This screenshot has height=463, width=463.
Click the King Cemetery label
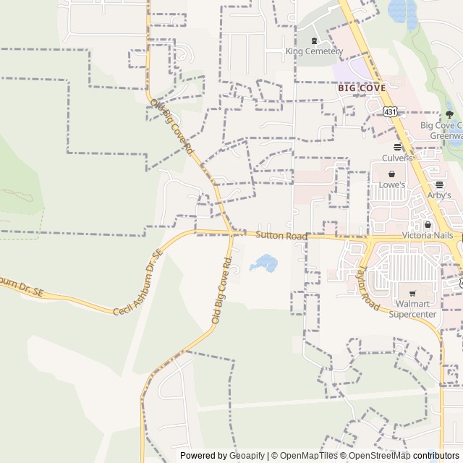[x=313, y=51]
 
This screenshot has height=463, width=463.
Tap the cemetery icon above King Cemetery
[x=313, y=41]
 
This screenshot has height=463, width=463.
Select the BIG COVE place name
[x=362, y=88]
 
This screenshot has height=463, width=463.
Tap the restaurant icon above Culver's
[x=397, y=147]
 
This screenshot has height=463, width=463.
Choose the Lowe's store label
[x=392, y=184]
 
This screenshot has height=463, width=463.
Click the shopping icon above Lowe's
[x=392, y=174]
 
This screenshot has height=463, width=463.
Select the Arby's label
[x=438, y=195]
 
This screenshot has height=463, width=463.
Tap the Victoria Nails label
[x=428, y=236]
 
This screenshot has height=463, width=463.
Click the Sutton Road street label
[x=281, y=236]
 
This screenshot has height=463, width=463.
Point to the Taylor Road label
[x=368, y=287]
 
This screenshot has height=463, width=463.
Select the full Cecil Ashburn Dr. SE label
[x=135, y=289]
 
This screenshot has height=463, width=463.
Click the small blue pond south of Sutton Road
[x=265, y=263]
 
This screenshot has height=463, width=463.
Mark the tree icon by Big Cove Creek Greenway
[x=449, y=114]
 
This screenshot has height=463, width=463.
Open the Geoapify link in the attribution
[x=247, y=456]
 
